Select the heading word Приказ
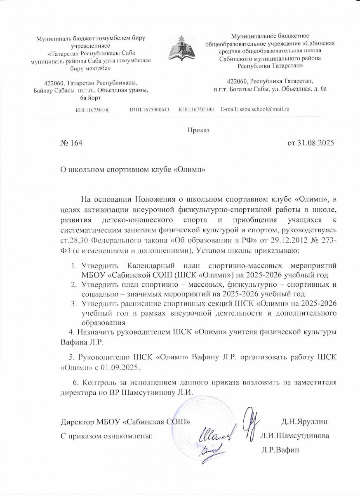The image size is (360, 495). [198, 130]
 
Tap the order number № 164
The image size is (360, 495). [72, 144]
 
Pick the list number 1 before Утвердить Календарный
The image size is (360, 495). [73, 265]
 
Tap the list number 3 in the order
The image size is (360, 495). [73, 304]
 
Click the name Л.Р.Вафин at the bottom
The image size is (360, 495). [280, 450]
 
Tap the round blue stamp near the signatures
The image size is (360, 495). [194, 421]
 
